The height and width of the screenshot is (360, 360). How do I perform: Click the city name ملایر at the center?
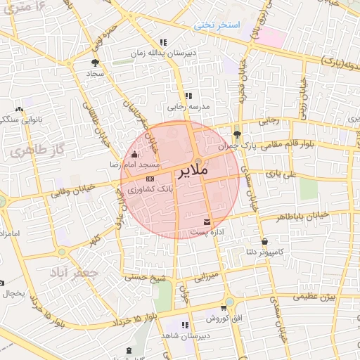pos(186,171)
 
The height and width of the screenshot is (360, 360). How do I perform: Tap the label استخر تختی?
pos(218,25)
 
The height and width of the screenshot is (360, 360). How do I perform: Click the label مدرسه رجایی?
pos(186,108)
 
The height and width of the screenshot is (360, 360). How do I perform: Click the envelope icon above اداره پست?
pos(207,221)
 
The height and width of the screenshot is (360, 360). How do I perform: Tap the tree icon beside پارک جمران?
pos(237,132)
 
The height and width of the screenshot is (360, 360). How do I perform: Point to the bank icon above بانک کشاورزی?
pos(149,180)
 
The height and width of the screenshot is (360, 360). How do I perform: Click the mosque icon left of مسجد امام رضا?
pos(135,155)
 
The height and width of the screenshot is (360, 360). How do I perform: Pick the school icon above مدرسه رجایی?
pos(188,96)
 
